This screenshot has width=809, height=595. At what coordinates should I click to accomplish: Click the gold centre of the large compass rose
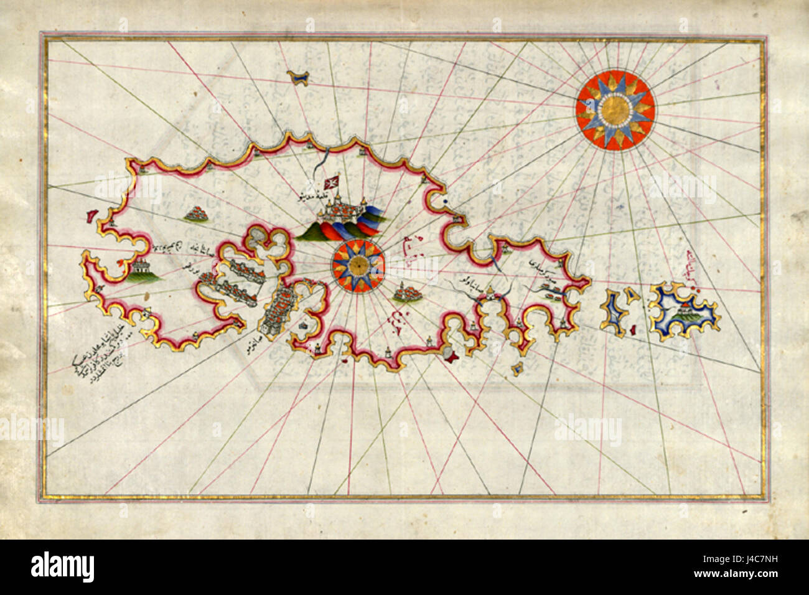click(x=615, y=110)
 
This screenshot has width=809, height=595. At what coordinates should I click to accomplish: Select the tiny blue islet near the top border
click(x=299, y=77)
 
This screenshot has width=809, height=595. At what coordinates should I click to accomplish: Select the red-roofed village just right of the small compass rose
click(x=408, y=292)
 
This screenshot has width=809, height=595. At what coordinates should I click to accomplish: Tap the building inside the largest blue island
click(x=683, y=308)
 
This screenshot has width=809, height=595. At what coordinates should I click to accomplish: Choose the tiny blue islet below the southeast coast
click(x=516, y=370)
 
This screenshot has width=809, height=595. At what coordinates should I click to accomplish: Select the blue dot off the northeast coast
click(x=447, y=202)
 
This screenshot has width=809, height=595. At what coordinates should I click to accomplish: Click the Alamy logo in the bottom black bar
click(x=62, y=567)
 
